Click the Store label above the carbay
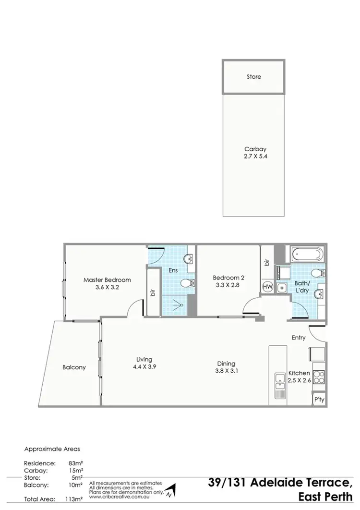pyautogui.click(x=253, y=77)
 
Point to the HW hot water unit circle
pyautogui.click(x=267, y=287)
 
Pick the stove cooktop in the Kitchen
pyautogui.click(x=319, y=378)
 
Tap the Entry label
pyautogui.click(x=299, y=338)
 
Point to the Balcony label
pyautogui.click(x=74, y=367)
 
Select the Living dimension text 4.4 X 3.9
pyautogui.click(x=144, y=366)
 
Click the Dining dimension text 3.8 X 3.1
pyautogui.click(x=226, y=371)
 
